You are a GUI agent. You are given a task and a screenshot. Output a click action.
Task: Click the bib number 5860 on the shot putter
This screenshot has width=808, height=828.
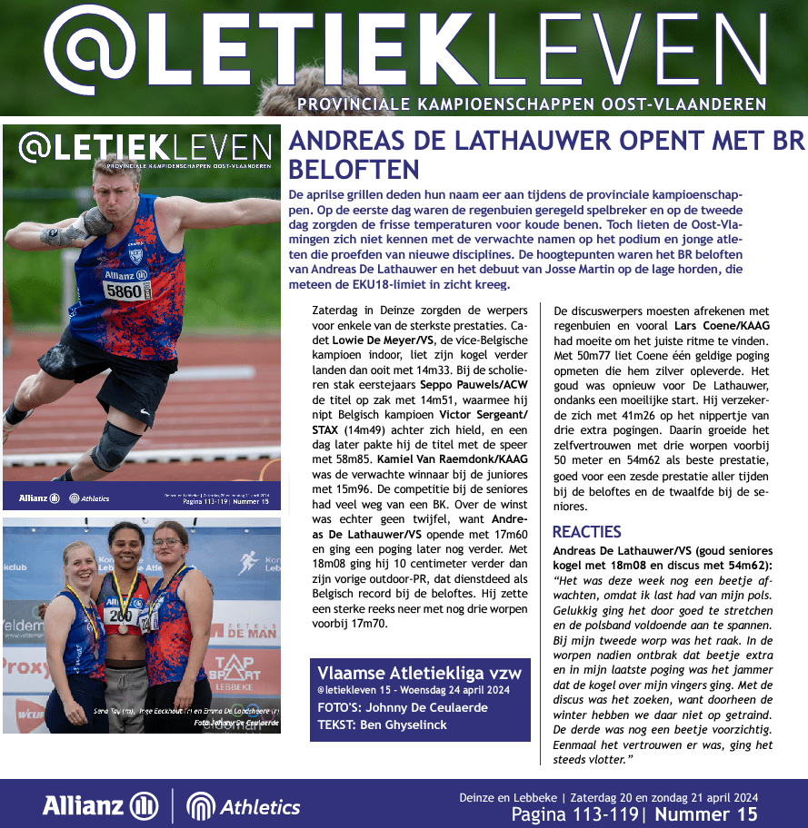[x=124, y=291]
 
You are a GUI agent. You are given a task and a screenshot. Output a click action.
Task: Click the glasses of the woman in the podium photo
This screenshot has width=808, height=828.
[x=167, y=542]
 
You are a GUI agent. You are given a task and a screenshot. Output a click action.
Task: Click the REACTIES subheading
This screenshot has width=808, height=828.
[x=586, y=532]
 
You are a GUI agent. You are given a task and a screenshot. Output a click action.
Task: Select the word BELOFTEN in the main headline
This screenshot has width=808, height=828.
[x=354, y=170]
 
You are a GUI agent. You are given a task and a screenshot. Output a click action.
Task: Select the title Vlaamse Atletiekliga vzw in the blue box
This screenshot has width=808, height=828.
[x=419, y=672]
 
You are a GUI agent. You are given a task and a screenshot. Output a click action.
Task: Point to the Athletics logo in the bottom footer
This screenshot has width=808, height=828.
[x=243, y=806]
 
